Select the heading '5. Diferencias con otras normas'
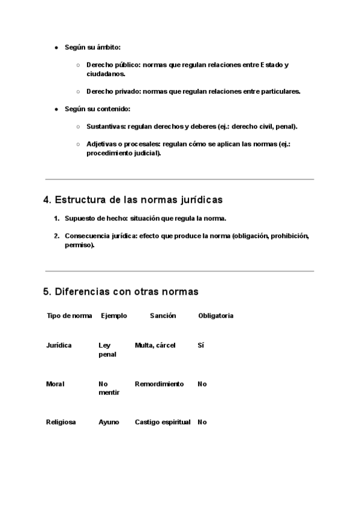(121, 292)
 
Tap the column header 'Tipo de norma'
(69, 316)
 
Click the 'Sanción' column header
(163, 316)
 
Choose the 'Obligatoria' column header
(215, 316)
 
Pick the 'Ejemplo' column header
(114, 316)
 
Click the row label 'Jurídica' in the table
(59, 345)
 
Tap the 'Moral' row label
(55, 384)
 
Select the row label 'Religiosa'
(61, 422)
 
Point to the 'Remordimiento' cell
(159, 384)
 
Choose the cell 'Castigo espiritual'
(163, 422)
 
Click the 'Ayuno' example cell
(109, 422)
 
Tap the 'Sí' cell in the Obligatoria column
(200, 345)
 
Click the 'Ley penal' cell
(107, 349)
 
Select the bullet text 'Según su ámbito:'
(92, 47)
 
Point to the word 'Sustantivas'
(106, 127)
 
